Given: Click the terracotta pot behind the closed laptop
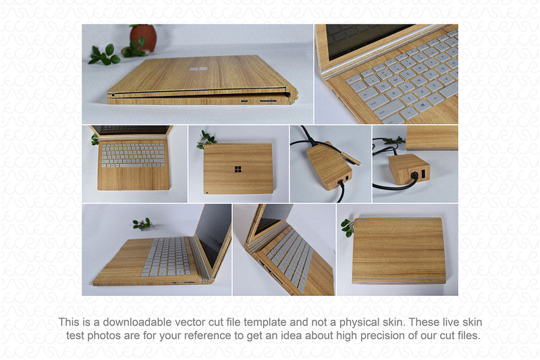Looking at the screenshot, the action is [143, 37].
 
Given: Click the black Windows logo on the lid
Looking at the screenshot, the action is [238, 169].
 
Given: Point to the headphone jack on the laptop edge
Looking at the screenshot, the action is [113, 95].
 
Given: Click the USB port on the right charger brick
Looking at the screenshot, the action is [423, 174].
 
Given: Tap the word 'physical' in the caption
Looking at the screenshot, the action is [359, 322].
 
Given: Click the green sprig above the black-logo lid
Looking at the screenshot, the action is [206, 139].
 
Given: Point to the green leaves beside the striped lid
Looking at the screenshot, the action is [348, 228].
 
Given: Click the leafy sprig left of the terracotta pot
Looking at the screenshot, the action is [104, 55].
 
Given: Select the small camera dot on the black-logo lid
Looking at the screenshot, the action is [207, 192].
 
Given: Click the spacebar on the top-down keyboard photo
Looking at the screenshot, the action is [133, 165].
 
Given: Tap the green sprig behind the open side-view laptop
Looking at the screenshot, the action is [143, 224].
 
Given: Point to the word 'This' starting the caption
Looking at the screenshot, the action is [69, 322].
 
